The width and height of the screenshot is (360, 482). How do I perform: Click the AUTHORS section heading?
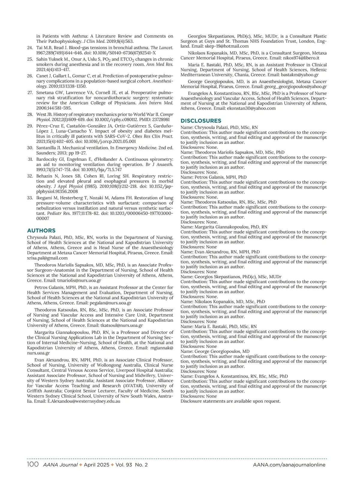[41, 230]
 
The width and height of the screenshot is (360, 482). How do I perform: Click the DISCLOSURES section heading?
[201, 121]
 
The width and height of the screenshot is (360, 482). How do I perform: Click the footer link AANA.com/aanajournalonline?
[289, 465]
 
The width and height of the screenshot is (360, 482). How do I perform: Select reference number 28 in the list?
[30, 114]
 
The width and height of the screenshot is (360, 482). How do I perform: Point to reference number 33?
[30, 198]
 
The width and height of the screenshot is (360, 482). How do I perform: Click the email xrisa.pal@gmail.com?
[47, 258]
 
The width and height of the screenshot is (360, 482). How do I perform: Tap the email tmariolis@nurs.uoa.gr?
[79, 280]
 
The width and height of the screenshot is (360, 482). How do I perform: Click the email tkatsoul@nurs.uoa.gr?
[121, 325]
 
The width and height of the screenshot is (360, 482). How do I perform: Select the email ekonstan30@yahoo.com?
[251, 108]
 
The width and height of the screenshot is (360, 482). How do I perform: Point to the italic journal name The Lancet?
[162, 47]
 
